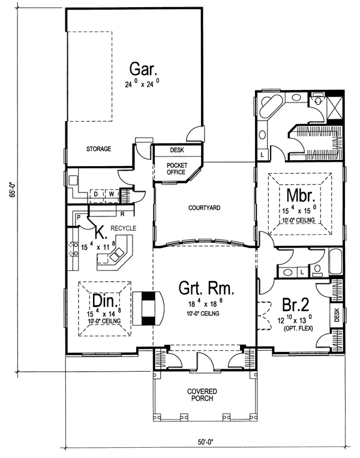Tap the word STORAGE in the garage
click(98, 149)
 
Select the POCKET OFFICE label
click(176, 168)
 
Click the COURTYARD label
click(205, 207)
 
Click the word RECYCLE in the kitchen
click(123, 228)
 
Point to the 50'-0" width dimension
click(203, 442)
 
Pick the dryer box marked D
click(95, 194)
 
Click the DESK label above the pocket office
click(177, 150)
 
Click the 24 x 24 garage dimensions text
click(142, 84)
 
